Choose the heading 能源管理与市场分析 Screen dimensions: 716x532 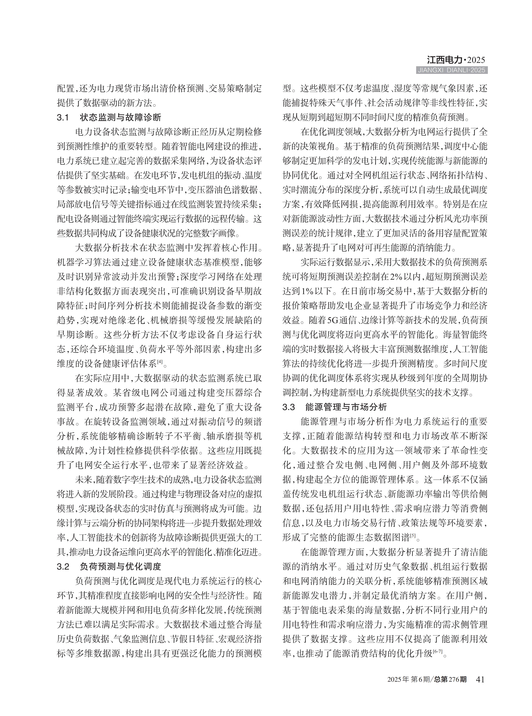[x=346, y=407]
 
